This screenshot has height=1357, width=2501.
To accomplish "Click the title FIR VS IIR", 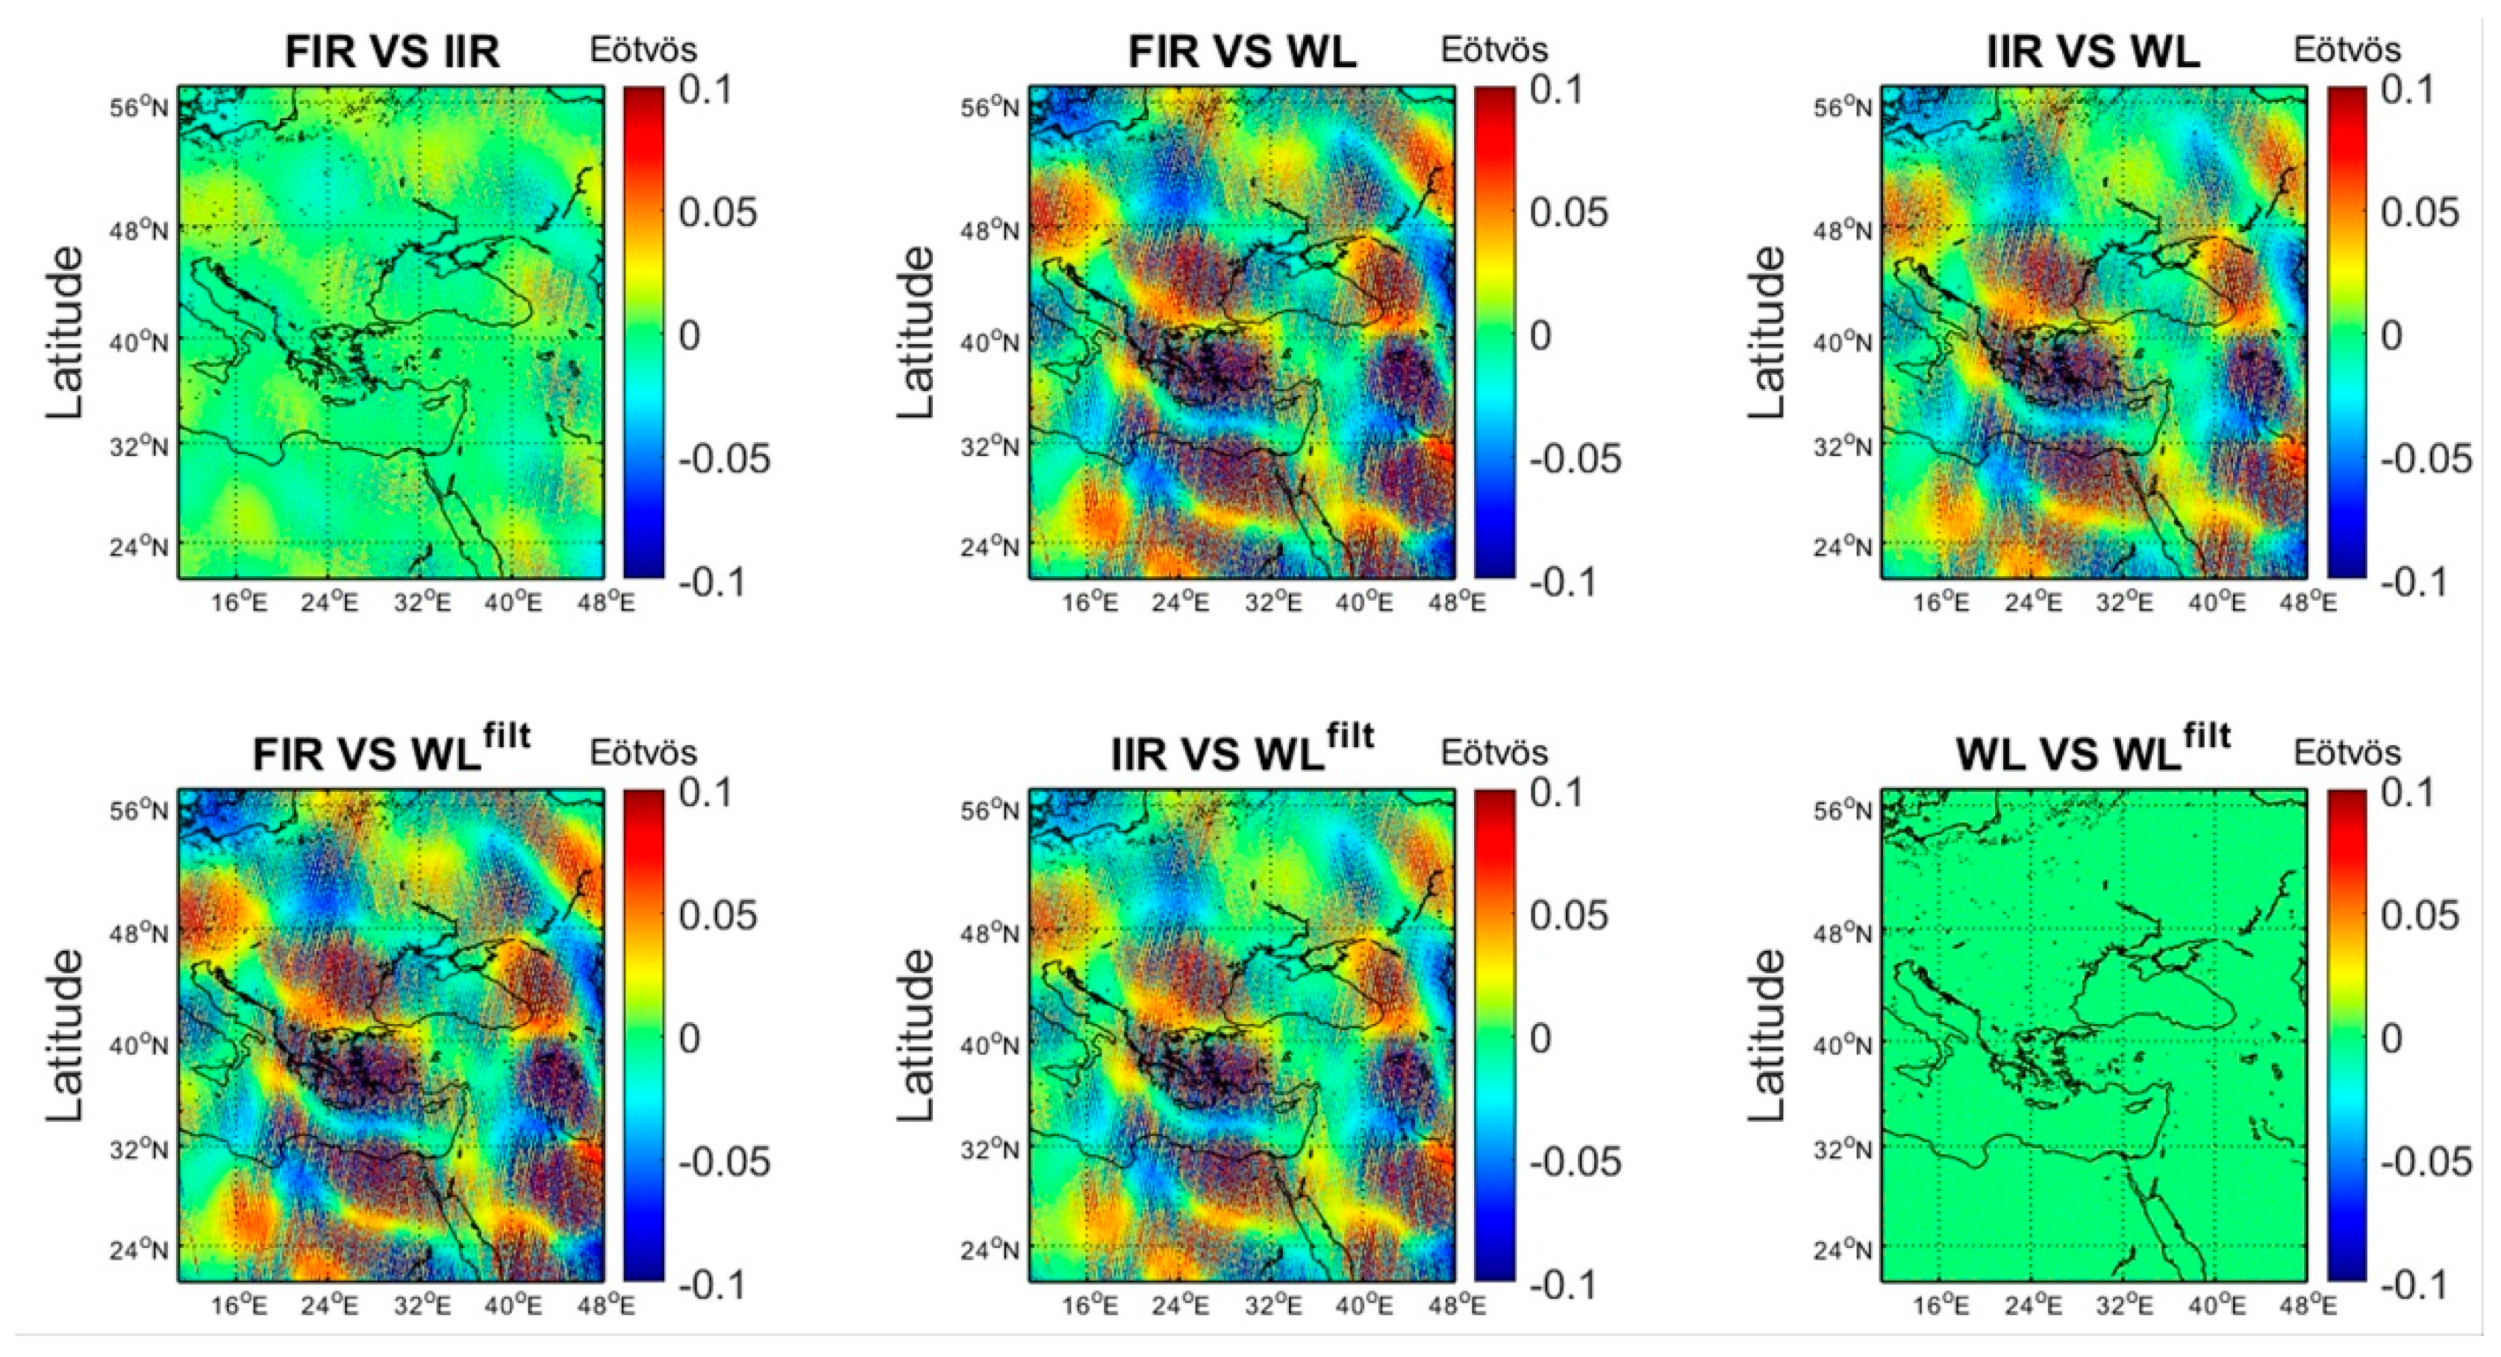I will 393,52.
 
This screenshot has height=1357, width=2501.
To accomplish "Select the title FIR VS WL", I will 1242,52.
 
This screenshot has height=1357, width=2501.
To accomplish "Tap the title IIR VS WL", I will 2093,52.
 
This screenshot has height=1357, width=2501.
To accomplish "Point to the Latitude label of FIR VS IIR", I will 66,333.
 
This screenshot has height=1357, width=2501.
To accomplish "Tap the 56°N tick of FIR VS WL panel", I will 991,106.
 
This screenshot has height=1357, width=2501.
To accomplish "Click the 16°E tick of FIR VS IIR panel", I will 239,603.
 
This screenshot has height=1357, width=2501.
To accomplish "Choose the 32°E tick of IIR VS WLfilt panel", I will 1273,1305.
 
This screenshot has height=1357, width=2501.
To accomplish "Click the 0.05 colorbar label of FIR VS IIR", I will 717,213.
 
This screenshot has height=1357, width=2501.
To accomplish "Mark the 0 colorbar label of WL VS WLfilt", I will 2391,1038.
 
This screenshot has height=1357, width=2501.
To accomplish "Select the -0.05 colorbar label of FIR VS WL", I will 1575,459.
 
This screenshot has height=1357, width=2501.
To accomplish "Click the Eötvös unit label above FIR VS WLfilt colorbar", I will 643,752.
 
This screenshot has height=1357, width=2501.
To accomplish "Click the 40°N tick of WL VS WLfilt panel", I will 1843,1046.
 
